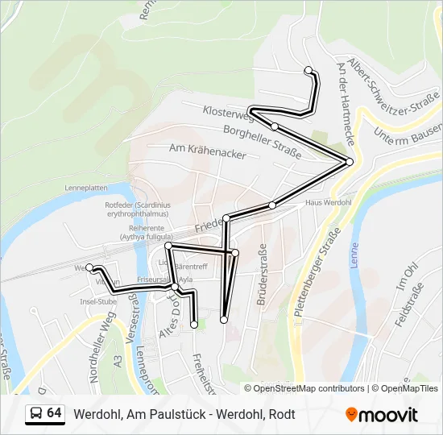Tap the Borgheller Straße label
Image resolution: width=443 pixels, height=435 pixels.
coord(262,142)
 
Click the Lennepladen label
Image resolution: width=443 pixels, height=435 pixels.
coord(87,188)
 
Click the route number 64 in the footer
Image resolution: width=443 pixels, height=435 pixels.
coord(54,413)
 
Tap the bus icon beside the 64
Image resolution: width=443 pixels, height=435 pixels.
coord(35,414)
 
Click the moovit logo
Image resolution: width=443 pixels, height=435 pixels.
coord(382,415)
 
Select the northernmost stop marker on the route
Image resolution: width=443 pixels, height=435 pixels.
coord(308,70)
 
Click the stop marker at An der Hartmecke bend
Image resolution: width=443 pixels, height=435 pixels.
coord(350,162)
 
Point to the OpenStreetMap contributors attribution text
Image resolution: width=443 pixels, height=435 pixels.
coord(309,388)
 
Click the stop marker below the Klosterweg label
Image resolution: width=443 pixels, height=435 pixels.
coord(275,126)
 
